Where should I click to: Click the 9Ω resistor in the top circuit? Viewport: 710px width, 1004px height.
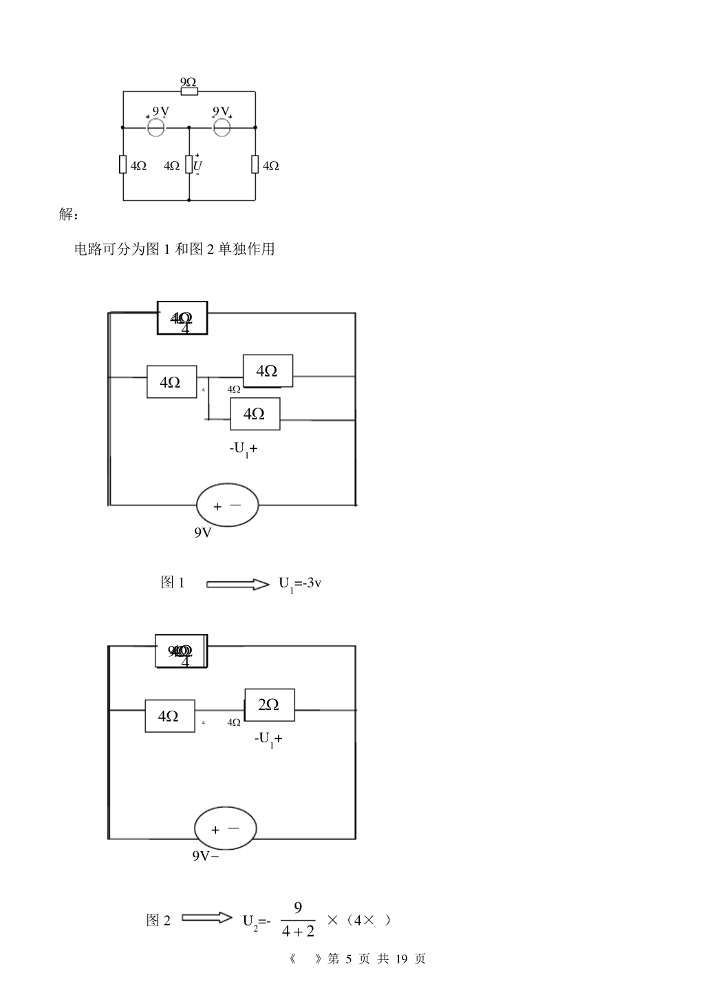pos(189,91)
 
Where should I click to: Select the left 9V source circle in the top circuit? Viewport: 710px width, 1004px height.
pos(155,127)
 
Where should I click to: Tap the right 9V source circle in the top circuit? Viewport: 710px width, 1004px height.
pos(222,127)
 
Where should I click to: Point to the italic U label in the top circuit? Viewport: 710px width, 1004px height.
pos(197,166)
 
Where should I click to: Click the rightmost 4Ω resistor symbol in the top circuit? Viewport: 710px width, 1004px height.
pos(255,165)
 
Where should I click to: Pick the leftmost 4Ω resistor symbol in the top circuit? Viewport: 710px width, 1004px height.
pos(123,165)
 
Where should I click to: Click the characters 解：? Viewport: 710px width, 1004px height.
pos(69,215)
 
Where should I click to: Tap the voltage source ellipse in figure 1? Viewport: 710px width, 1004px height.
pos(228,505)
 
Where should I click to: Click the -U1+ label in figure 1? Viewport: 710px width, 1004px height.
pos(244,449)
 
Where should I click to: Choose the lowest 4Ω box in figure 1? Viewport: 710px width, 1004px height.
pos(255,414)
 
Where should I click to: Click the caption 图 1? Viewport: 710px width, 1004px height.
pos(173,583)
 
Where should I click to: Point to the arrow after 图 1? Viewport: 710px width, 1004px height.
pos(238,584)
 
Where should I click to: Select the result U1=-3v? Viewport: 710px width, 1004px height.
pos(300,584)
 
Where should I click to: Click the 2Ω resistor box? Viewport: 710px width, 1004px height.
pos(270,704)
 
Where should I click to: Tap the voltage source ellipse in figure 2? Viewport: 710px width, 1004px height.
pos(226,828)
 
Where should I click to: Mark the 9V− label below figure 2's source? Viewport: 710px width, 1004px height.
pos(205,856)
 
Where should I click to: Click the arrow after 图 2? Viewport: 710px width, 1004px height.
pos(207,918)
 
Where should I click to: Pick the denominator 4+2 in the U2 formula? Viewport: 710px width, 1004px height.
pos(298,931)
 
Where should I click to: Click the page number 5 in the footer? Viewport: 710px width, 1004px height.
pos(349,959)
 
